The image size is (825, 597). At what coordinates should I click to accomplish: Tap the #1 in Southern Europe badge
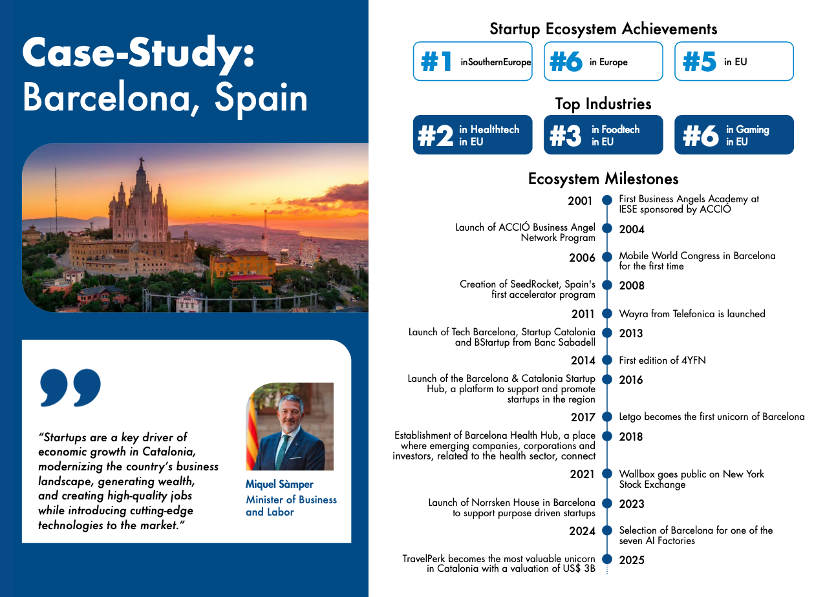coord(473,62)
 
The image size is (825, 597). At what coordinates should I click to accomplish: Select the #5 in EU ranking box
coord(734,62)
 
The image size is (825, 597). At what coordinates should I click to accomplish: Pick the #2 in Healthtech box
coord(473,135)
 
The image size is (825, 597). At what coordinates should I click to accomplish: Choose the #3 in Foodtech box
coord(603,135)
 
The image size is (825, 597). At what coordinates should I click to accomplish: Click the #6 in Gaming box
coord(734,135)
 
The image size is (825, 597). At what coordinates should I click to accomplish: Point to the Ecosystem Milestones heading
coord(603,178)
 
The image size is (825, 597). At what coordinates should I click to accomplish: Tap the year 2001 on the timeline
coord(580,201)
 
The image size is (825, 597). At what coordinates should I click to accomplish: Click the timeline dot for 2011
coord(607,313)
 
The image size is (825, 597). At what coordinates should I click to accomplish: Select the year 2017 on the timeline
coord(583,417)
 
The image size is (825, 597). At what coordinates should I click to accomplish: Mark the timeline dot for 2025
coord(607,559)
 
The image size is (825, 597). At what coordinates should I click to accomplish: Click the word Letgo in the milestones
coord(631,417)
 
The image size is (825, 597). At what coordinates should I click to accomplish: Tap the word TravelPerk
coord(424,559)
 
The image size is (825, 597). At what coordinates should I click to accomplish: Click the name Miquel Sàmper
coord(279,485)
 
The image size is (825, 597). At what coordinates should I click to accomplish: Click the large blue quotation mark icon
coord(70,387)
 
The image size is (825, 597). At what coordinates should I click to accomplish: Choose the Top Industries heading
coord(603,104)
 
